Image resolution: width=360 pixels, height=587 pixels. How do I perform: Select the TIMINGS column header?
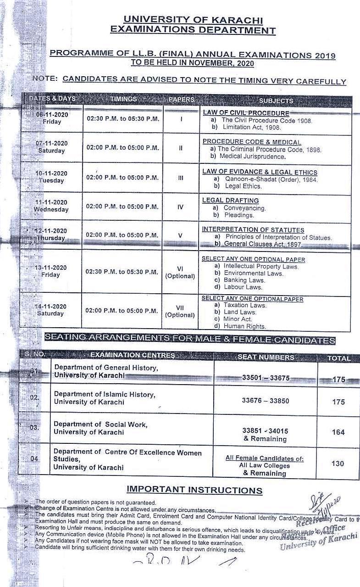(x=123, y=99)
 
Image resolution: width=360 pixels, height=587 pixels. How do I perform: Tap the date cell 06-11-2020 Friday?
(x=52, y=118)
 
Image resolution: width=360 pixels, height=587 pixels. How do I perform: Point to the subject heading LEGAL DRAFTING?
(x=230, y=201)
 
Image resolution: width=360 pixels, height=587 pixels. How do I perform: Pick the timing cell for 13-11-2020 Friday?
(x=122, y=271)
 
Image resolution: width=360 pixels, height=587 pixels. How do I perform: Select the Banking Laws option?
(x=244, y=280)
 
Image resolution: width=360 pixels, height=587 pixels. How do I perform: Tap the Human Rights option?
(x=244, y=326)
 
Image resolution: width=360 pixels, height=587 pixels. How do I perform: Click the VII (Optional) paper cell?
(x=180, y=311)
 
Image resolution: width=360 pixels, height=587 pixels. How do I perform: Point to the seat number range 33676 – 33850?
(x=266, y=401)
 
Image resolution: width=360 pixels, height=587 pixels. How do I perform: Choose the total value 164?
(x=338, y=432)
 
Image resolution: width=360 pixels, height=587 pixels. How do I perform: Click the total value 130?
(x=338, y=464)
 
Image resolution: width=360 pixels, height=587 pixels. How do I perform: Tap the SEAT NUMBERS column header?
(x=266, y=357)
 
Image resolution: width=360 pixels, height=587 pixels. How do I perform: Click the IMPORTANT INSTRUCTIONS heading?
(x=194, y=490)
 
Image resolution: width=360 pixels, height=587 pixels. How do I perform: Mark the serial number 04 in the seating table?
(x=35, y=459)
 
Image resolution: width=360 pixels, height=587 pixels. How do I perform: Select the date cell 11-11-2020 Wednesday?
(x=51, y=206)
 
